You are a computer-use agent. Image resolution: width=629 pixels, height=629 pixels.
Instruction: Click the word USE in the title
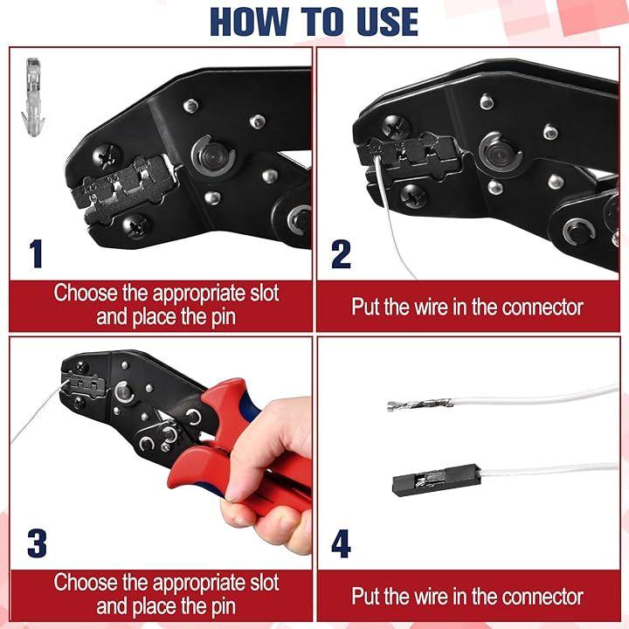(386, 22)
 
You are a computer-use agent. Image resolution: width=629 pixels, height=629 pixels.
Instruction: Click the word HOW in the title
(251, 22)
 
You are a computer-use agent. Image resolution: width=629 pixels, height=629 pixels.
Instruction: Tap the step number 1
(36, 253)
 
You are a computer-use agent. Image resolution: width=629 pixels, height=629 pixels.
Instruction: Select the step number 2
(341, 253)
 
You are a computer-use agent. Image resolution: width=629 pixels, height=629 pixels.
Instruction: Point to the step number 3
(37, 543)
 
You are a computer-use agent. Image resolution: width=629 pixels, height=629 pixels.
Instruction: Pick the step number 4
(342, 543)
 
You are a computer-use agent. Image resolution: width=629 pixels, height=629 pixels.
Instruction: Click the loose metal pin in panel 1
(33, 98)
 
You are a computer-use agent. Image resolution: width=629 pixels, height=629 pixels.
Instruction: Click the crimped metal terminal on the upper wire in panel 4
(420, 405)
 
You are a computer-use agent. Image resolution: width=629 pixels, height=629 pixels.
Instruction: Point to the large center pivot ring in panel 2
(501, 152)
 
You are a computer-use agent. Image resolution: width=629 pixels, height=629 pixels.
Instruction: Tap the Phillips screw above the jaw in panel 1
(107, 157)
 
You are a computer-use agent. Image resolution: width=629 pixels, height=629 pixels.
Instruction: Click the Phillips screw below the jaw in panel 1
(135, 226)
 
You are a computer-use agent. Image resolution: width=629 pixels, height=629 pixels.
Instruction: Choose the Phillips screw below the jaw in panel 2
(413, 197)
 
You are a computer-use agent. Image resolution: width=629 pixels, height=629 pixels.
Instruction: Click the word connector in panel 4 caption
(542, 597)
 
